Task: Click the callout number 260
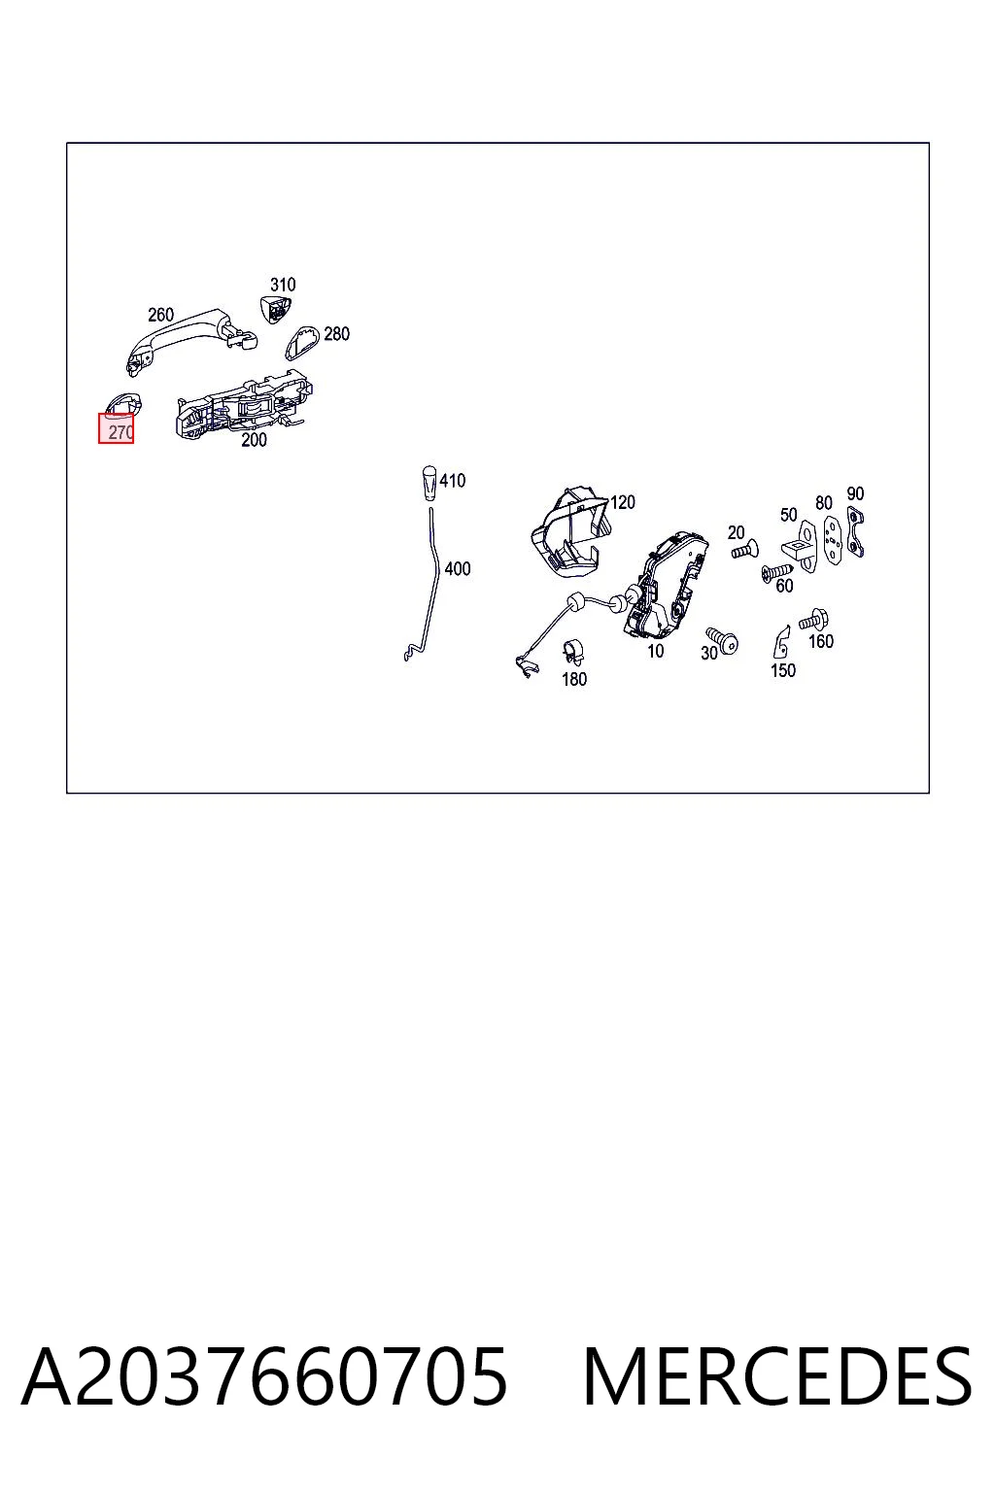[160, 315]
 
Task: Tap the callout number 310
[283, 285]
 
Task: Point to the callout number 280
[336, 334]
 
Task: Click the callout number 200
[254, 440]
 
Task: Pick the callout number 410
[453, 480]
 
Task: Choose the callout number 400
[458, 569]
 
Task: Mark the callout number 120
[623, 502]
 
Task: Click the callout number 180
[574, 679]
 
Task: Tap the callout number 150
[783, 670]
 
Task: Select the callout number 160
[820, 641]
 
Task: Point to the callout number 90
[855, 493]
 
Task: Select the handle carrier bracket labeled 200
[244, 405]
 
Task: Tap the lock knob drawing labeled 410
[429, 483]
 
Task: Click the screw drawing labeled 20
[745, 549]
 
